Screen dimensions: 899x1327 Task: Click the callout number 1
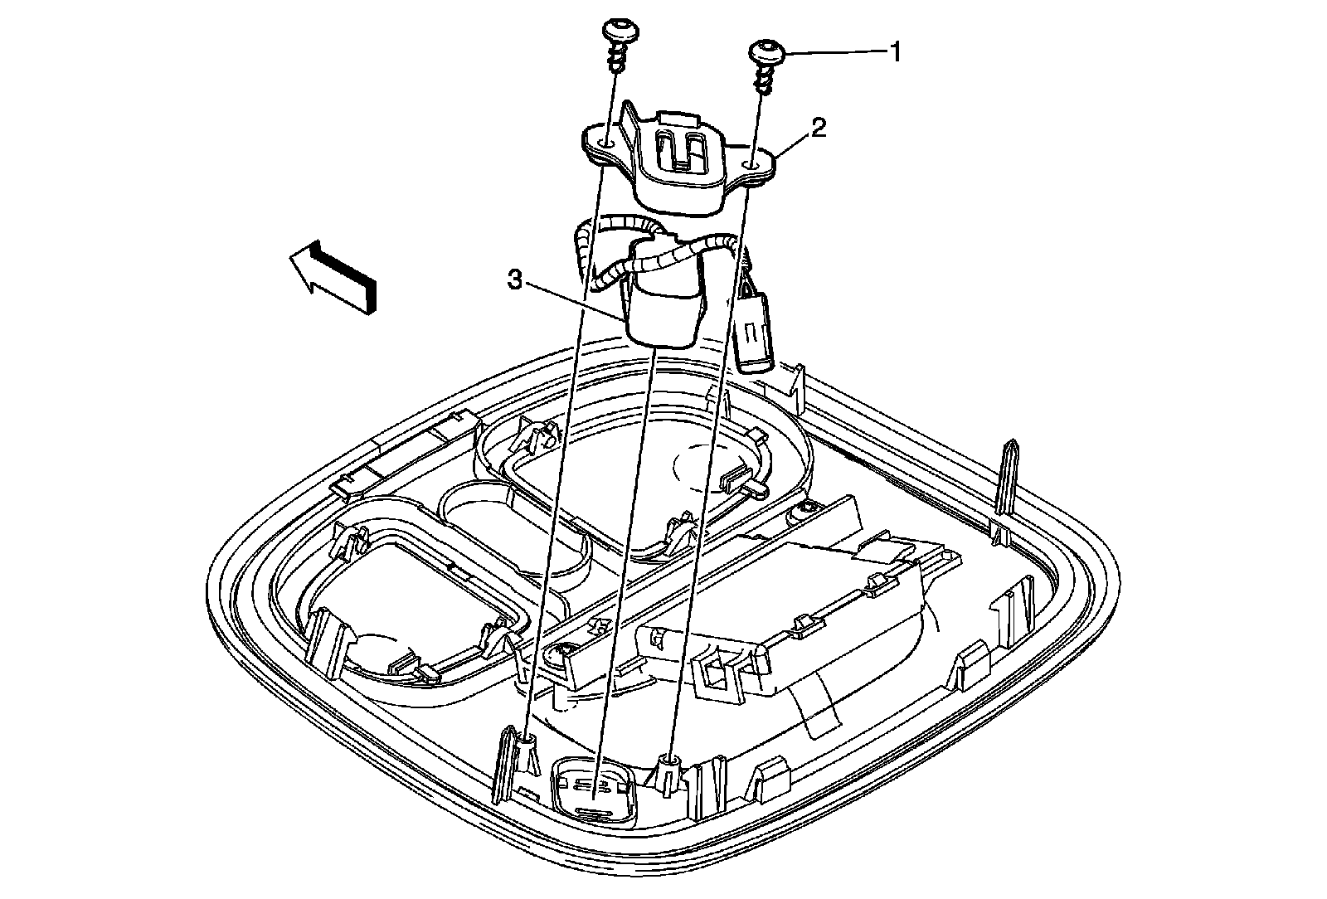[x=894, y=52]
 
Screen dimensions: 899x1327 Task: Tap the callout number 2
[x=818, y=127]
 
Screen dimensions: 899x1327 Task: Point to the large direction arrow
[x=332, y=275]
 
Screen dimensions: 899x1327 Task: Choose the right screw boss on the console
[x=668, y=761]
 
